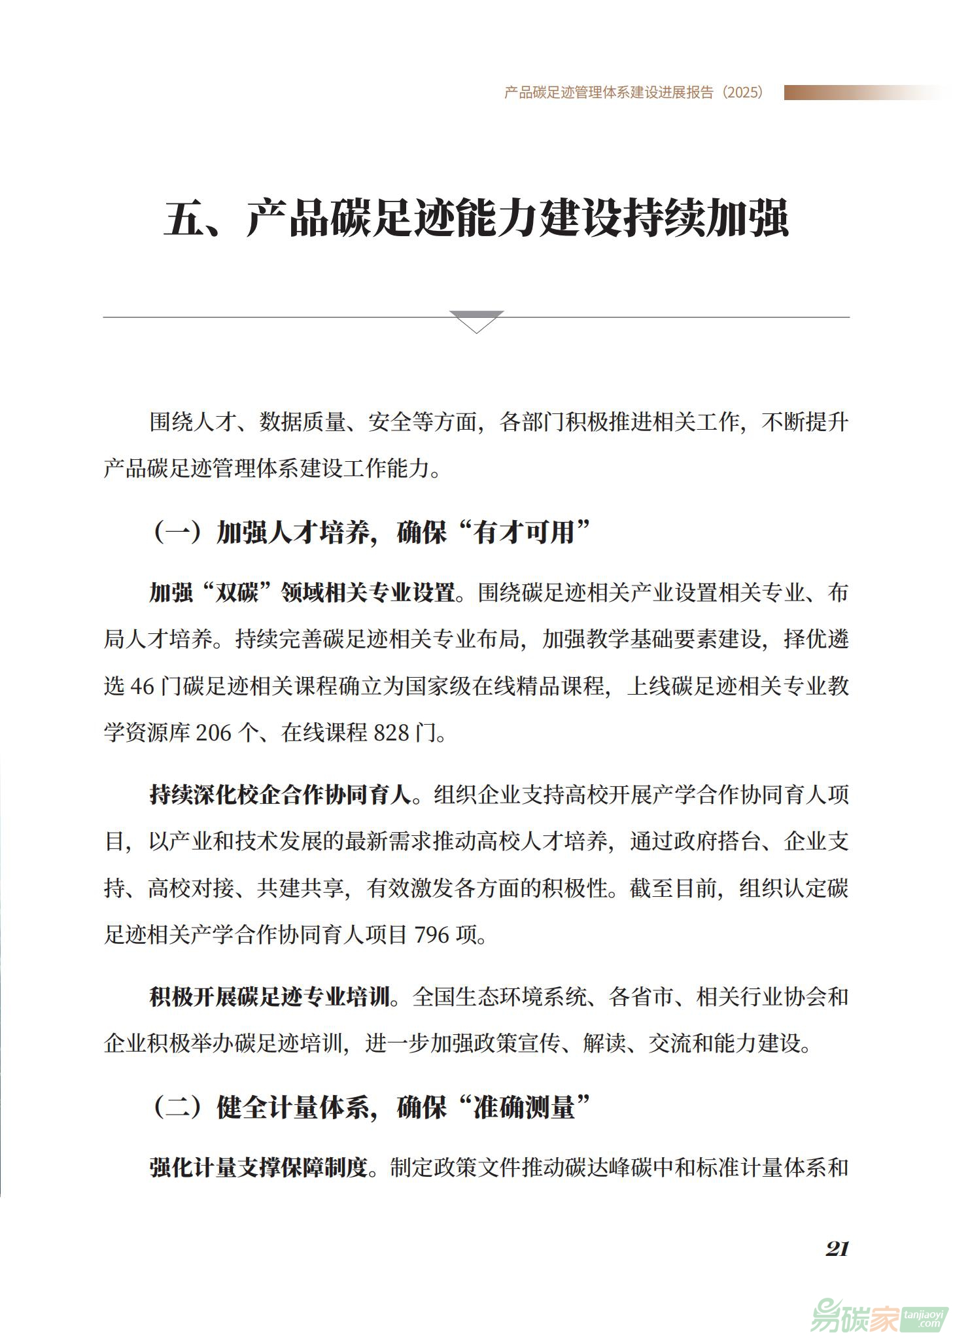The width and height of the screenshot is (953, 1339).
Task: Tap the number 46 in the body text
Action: coord(142,686)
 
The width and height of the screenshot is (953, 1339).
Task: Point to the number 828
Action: coord(390,733)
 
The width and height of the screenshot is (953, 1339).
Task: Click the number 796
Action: coord(432,935)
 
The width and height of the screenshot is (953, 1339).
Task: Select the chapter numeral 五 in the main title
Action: coord(184,218)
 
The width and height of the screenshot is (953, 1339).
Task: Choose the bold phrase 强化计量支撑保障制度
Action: coord(258,1168)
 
